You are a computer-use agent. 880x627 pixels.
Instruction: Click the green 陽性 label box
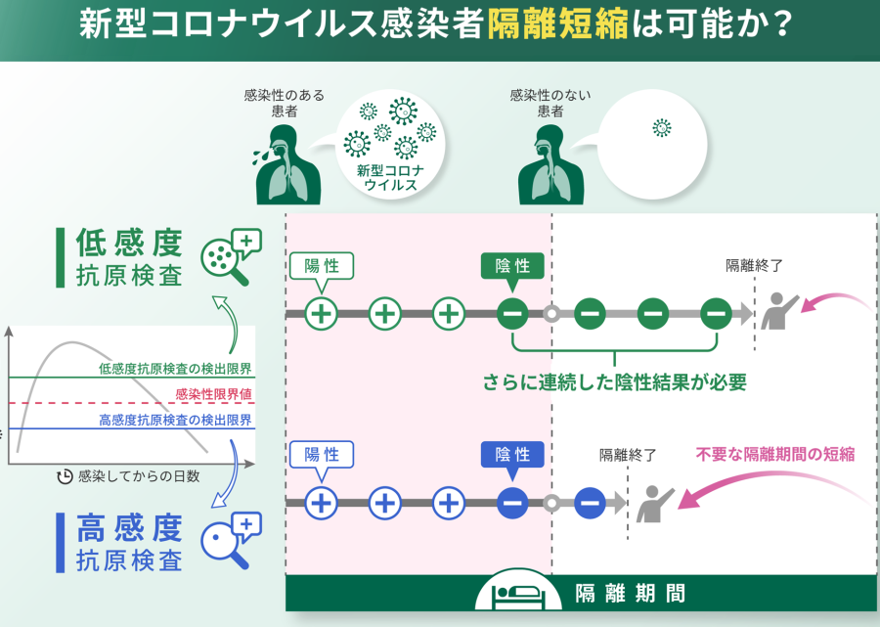[x=321, y=266]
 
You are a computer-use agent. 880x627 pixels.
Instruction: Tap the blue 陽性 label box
[x=321, y=455]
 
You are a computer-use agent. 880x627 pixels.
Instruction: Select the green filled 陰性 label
[x=512, y=266]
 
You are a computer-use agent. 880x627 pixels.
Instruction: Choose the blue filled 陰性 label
[x=512, y=455]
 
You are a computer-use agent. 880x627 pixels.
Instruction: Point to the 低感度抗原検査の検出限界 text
[x=175, y=369]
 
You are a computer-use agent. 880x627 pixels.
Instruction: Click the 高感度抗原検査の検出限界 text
[x=175, y=420]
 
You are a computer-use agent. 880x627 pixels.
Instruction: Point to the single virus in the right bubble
[x=662, y=128]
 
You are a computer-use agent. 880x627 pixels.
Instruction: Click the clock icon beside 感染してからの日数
[x=66, y=476]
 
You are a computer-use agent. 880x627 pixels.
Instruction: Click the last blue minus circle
[x=589, y=503]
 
